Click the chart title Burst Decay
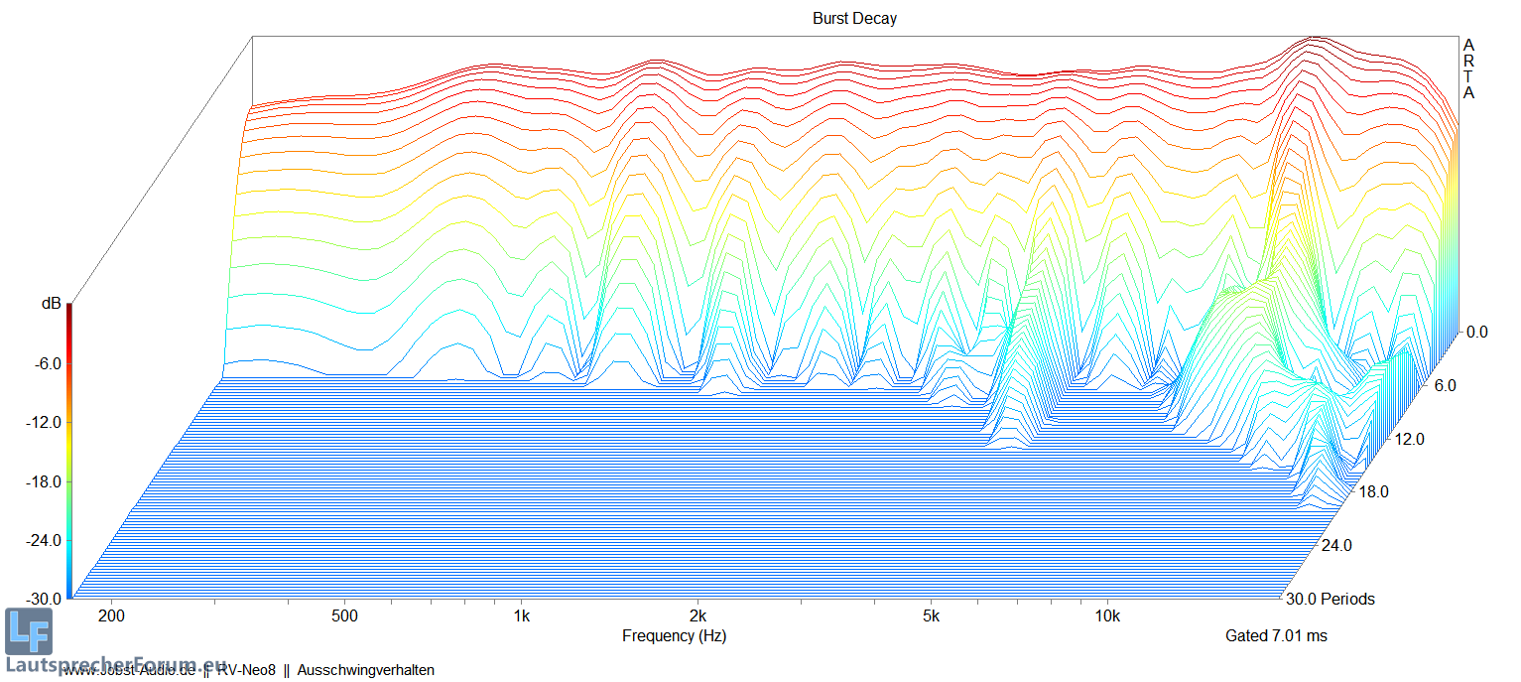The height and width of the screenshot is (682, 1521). pos(854,19)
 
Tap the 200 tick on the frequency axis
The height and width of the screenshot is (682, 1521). pos(111,616)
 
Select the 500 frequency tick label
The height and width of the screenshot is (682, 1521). pos(344,616)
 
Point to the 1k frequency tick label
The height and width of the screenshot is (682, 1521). pos(522,616)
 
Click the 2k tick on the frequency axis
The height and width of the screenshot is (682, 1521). pos(698,616)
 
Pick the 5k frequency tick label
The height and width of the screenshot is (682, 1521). pos(931,616)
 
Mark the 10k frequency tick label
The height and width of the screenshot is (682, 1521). pos(1107,616)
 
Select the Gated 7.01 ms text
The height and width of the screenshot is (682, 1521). pos(1276,635)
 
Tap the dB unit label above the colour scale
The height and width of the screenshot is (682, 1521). pos(51,304)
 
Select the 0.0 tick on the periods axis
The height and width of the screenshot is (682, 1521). pos(1477,333)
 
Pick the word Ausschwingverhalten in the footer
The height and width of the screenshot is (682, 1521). pos(365,670)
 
